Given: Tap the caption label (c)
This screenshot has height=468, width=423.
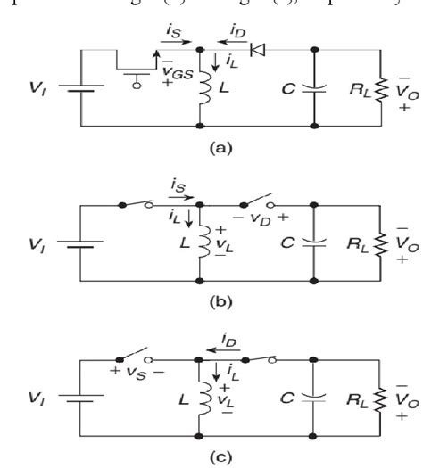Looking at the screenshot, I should pyautogui.click(x=212, y=456).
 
